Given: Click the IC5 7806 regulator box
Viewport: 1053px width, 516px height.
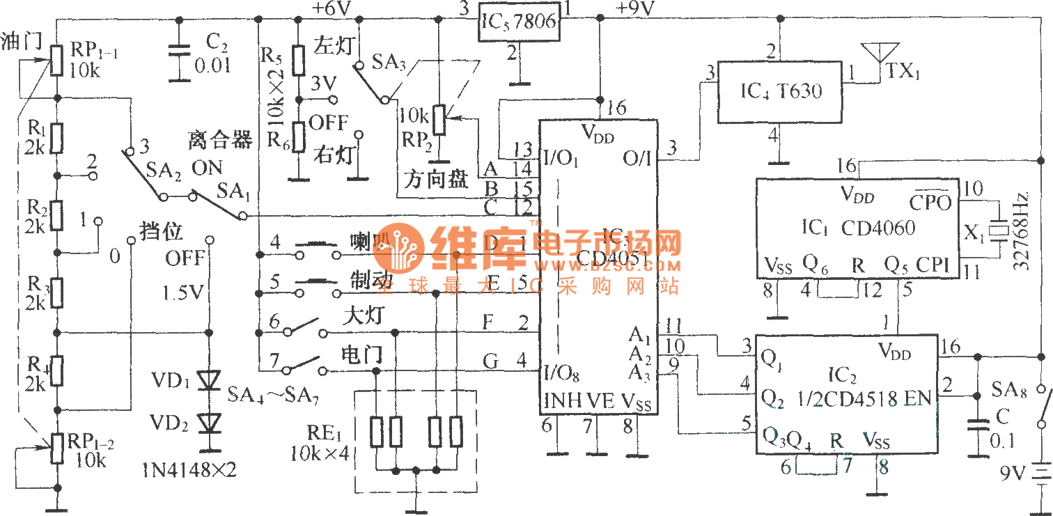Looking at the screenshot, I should coord(520,21).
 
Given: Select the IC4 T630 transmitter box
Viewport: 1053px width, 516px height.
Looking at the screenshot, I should coord(780,91).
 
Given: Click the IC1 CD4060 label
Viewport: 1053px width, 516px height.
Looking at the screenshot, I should coord(857,228).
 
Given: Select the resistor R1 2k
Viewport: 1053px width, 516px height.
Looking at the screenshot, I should coord(56,138).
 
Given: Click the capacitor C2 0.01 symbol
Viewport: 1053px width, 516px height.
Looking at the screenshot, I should coord(180,52).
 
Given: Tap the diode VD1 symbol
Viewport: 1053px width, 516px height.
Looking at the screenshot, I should coord(208,380).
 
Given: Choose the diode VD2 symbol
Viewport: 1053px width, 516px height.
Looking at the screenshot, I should coord(208,423).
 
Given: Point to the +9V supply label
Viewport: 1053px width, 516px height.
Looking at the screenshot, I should coord(634,8).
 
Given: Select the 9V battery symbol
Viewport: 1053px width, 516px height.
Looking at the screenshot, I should coord(1041,474).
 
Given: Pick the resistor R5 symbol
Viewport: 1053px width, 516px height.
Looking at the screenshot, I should coord(298,61).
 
